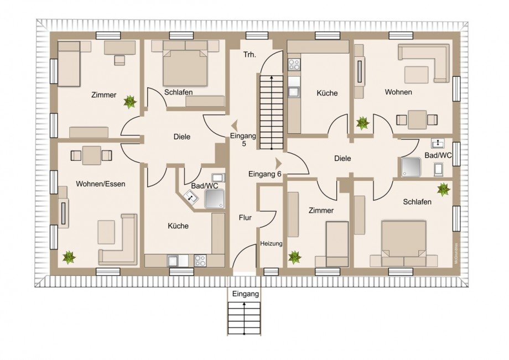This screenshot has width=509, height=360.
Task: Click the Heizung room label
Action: [271, 243]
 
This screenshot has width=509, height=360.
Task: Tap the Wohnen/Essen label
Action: [100, 184]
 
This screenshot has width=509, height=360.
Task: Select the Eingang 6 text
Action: [264, 174]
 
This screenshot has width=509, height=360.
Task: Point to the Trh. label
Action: [250, 55]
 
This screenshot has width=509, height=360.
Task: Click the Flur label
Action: [245, 218]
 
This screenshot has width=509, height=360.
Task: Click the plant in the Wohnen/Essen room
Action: [69, 258]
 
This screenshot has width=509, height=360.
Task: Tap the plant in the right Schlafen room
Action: [443, 190]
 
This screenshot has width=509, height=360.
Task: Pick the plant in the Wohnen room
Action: [362, 123]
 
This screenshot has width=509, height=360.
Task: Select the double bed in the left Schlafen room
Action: [185, 68]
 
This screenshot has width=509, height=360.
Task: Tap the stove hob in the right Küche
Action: [294, 65]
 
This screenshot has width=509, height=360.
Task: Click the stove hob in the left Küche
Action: [200, 260]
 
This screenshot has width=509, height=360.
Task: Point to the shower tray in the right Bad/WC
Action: [411, 167]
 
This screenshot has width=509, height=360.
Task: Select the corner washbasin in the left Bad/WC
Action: [190, 196]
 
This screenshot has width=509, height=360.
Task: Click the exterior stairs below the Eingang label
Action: [244, 319]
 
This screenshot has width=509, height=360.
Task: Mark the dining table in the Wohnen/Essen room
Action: [91, 156]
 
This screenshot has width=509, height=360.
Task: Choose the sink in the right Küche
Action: [294, 92]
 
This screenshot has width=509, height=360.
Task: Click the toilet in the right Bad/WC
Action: [438, 169]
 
